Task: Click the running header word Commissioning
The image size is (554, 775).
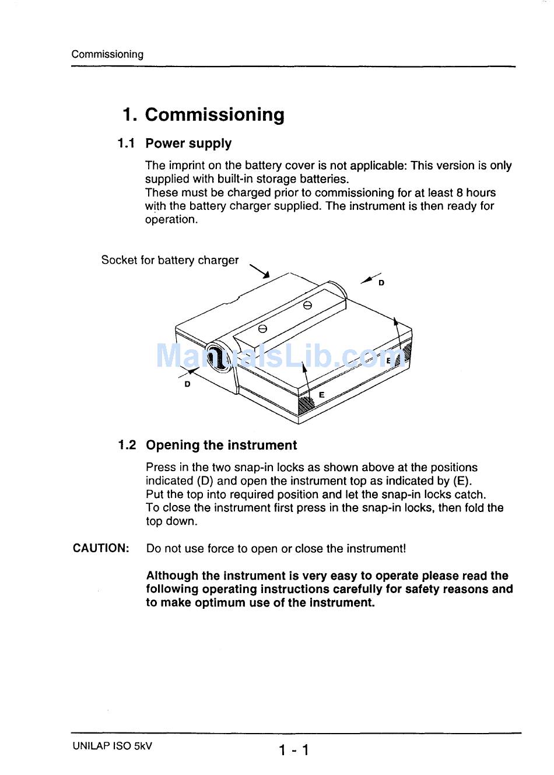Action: (x=107, y=54)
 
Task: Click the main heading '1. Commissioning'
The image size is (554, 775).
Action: (x=204, y=114)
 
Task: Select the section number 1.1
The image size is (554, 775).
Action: (x=126, y=143)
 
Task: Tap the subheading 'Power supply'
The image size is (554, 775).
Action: (x=188, y=143)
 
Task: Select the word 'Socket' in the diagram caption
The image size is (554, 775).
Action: (x=119, y=260)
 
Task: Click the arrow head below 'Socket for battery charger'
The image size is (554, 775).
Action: (x=266, y=275)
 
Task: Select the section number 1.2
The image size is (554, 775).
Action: (x=127, y=446)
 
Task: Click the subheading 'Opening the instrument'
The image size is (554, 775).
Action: (x=221, y=446)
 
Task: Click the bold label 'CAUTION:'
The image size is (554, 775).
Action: (x=101, y=548)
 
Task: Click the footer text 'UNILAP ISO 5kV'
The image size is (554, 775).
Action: (x=113, y=746)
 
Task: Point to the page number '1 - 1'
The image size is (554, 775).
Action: (x=293, y=750)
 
